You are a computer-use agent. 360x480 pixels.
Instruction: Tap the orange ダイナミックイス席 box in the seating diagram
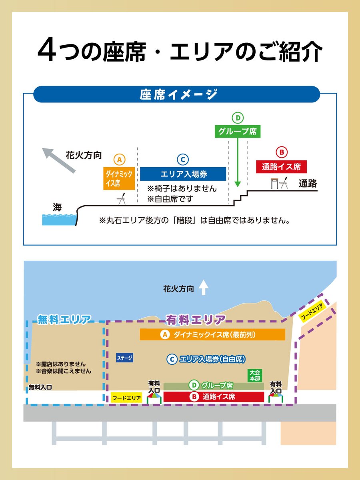point(118,178)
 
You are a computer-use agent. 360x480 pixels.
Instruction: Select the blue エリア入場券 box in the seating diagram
point(183,174)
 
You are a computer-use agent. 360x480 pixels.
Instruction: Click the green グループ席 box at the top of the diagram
point(238,131)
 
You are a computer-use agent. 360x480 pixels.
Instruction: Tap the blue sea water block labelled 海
point(59,219)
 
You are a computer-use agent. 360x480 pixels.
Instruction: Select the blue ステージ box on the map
point(124,358)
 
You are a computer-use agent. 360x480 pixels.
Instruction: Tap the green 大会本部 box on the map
point(254,375)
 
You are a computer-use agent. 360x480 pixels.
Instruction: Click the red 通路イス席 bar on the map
point(214,397)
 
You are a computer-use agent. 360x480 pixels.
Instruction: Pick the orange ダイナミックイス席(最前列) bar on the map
point(212,335)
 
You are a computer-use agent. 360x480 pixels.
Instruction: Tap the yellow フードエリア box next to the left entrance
point(126,398)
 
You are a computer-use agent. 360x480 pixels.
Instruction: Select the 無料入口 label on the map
point(40,387)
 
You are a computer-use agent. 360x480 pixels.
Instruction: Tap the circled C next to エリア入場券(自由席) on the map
point(172,359)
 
